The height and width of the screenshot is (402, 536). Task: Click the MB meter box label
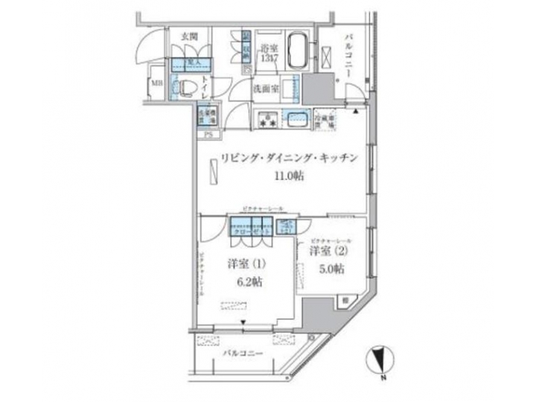pos(156,83)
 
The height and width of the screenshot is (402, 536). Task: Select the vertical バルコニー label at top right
pos(348,53)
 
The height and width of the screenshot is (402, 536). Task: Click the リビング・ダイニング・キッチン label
pos(285,158)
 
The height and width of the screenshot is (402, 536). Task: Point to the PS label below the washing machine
pos(209,134)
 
